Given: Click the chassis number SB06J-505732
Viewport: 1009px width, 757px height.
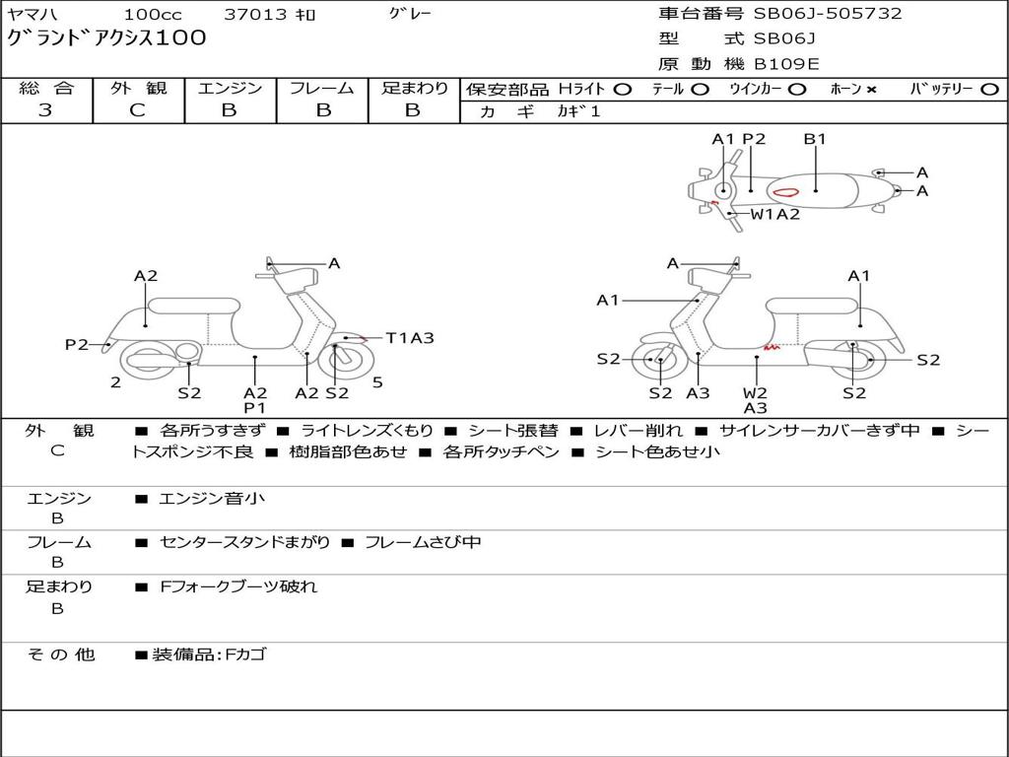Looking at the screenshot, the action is point(828,14).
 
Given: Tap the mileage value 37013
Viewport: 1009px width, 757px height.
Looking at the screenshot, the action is point(255,15).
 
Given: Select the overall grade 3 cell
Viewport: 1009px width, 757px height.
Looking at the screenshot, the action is point(45,110).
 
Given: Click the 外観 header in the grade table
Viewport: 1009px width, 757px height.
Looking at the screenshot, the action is point(138,88).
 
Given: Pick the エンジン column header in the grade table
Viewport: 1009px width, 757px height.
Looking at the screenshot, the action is point(230,88).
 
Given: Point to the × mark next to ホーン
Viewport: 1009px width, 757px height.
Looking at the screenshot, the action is point(871,89).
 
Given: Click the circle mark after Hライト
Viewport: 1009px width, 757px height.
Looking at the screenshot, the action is point(622,89).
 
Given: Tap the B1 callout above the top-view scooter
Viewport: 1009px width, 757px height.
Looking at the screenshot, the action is point(815,139).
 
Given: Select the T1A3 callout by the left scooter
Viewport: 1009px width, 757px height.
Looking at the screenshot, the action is point(409,338).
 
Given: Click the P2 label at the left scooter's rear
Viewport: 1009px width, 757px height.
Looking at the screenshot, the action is point(77,344).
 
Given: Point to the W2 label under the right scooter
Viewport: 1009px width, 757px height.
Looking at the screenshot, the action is point(756,393).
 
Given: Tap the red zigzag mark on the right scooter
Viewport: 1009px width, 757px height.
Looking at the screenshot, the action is point(772,347).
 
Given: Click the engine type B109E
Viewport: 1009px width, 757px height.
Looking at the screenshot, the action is point(786,64).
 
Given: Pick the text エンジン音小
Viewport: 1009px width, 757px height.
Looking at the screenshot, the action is point(212,499).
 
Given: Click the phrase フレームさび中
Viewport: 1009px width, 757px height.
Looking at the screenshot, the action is point(423,542).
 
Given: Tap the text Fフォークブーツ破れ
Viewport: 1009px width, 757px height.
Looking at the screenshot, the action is point(238,586).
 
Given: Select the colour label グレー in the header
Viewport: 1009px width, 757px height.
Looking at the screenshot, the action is point(410,14).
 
